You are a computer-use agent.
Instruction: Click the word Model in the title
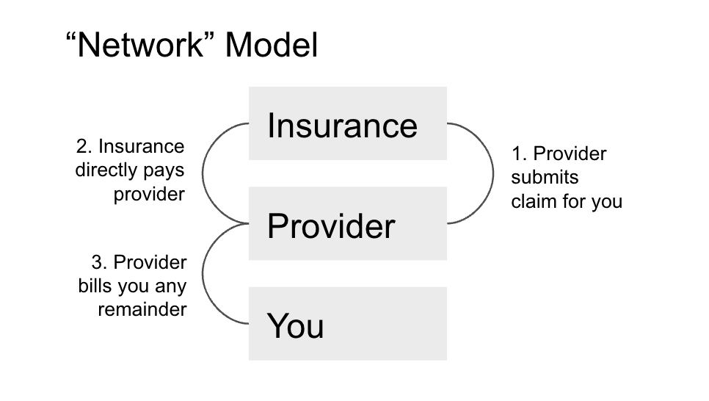272,46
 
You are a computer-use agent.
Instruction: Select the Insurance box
347,123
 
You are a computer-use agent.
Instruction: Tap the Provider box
347,224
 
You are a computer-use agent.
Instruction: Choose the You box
347,324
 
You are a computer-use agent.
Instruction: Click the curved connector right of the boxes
491,173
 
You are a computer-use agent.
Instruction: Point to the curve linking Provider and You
203,273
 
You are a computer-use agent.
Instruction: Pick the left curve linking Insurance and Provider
203,173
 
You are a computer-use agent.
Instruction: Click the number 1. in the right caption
520,154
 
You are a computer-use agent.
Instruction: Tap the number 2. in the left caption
84,146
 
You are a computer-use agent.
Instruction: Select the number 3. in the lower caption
99,262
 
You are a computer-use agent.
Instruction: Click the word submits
545,178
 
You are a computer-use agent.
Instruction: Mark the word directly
106,170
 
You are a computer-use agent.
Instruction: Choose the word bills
93,286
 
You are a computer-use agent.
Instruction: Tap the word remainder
142,309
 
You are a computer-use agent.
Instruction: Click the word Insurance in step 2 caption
141,146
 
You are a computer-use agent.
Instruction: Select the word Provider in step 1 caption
570,154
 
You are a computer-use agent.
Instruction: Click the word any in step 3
170,286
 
